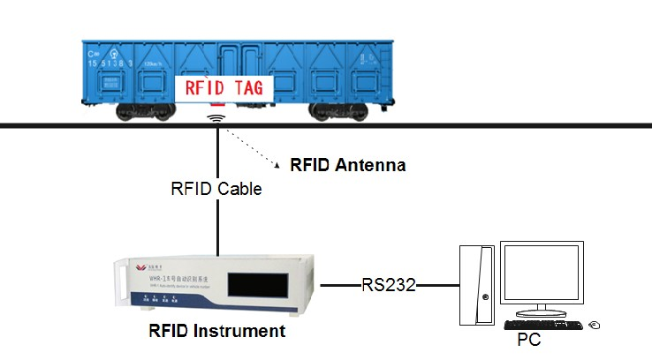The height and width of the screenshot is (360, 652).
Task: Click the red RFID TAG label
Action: [x=225, y=87]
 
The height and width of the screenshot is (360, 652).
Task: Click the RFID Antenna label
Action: [x=348, y=164]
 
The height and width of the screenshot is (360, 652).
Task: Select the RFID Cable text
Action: [x=216, y=189]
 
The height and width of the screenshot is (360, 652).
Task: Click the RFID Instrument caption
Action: [x=217, y=331]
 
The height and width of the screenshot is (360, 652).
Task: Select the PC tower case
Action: [x=478, y=283]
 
